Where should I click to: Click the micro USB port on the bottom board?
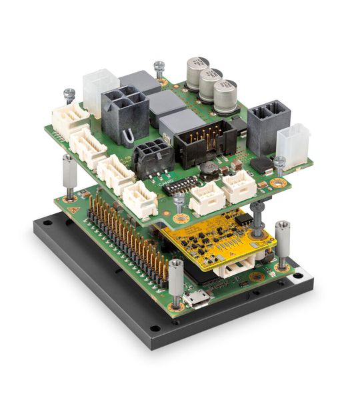pos(196,299)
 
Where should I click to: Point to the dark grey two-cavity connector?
pos(268,124)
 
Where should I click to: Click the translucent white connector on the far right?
pos(293,141)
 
